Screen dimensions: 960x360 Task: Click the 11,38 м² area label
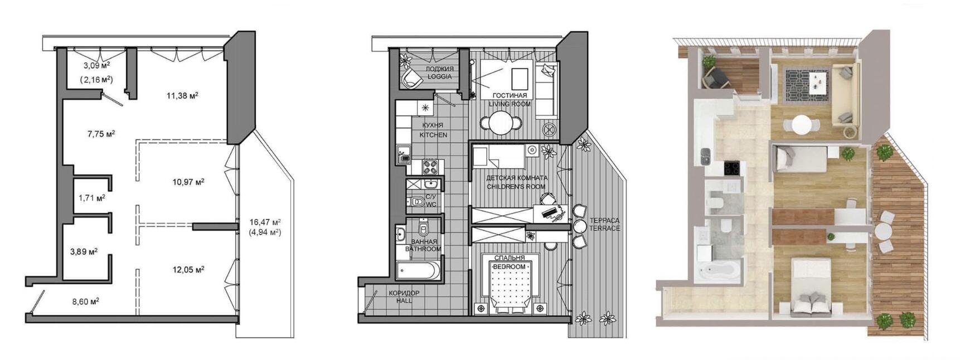coord(182,95)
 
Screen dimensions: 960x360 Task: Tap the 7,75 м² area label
coord(101,134)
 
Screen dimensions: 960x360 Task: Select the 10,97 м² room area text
coord(188,182)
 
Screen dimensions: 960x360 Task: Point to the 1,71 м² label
coord(92,197)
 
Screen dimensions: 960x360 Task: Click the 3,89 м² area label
coord(84,251)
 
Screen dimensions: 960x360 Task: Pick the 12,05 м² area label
coord(188,270)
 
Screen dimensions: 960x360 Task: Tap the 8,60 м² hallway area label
coord(85,301)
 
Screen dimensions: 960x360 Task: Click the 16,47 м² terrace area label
coord(265,222)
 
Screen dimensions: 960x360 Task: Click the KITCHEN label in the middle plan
coord(433,135)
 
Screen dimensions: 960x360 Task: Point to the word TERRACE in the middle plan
coord(604,228)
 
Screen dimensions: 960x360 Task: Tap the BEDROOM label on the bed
coord(509,267)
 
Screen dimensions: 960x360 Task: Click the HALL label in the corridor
coord(404,301)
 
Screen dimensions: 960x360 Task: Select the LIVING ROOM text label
coord(510,104)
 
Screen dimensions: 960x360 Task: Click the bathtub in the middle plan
coord(418,271)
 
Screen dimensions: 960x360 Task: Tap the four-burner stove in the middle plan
coord(431,167)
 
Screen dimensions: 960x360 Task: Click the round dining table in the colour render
coord(801,124)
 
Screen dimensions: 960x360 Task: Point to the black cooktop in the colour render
coord(733,167)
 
